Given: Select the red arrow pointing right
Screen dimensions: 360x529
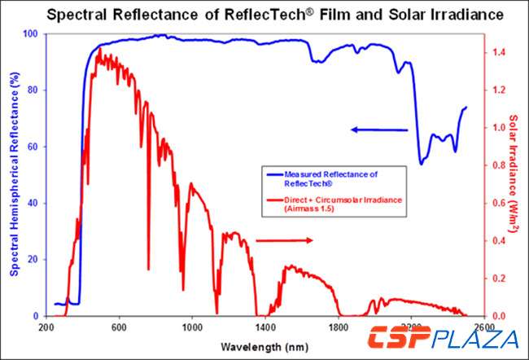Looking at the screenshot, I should tap(284, 240).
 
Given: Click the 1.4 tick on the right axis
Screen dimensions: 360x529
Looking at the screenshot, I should tap(499, 53).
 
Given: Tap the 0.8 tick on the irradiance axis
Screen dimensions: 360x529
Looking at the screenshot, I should tap(499, 165).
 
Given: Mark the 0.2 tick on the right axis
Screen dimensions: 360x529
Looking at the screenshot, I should tap(499, 279).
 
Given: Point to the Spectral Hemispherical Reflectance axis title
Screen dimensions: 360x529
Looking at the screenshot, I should tap(14, 175).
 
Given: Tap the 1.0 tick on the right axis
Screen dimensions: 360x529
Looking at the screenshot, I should tap(499, 128).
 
